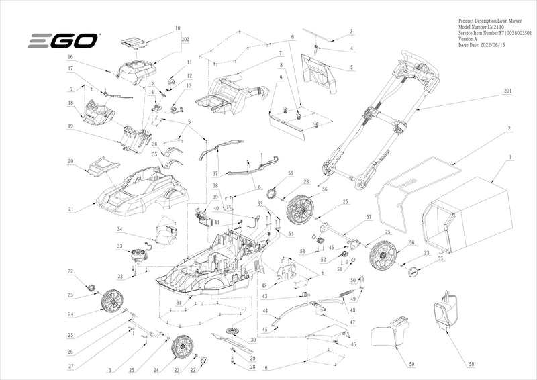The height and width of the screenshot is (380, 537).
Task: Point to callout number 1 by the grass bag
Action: [511, 157]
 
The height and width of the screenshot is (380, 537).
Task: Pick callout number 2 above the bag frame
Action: [509, 128]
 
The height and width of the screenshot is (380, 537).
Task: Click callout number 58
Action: [471, 363]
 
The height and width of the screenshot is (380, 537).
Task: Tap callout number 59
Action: [411, 363]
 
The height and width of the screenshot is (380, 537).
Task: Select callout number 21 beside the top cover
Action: [70, 209]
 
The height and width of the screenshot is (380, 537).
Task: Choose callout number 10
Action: [178, 28]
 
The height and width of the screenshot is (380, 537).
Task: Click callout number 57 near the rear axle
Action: [369, 218]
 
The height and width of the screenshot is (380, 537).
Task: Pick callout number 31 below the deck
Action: [178, 303]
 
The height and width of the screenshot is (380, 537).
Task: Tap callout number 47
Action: [352, 322]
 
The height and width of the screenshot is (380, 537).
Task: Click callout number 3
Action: [350, 32]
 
